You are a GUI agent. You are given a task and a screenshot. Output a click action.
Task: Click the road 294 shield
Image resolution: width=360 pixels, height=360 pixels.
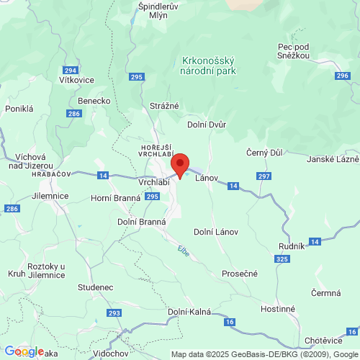70,71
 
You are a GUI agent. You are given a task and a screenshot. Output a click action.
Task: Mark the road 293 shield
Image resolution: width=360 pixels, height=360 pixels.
114,313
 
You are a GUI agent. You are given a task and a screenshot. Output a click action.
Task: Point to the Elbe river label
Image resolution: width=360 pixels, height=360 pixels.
182,250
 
